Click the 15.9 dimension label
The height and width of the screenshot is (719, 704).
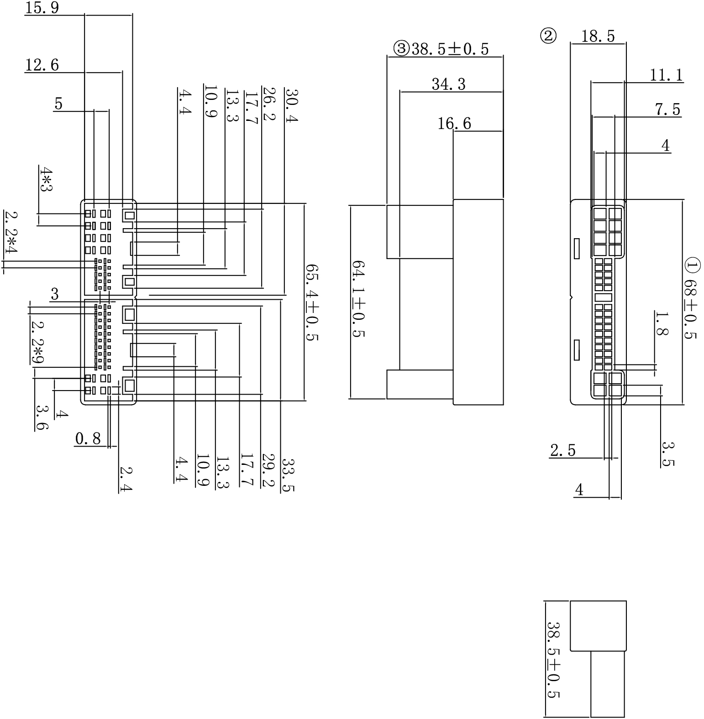pyautogui.click(x=42, y=8)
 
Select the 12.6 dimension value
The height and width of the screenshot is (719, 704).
pyautogui.click(x=42, y=65)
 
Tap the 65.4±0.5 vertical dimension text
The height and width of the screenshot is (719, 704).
pyautogui.click(x=311, y=302)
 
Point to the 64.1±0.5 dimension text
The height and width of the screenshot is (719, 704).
pyautogui.click(x=358, y=299)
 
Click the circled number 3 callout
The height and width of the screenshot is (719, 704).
pyautogui.click(x=401, y=48)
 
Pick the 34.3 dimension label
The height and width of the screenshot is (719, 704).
pyautogui.click(x=448, y=84)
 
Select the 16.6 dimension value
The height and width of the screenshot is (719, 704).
pyautogui.click(x=454, y=124)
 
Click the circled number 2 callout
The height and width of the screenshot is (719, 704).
pyautogui.click(x=548, y=36)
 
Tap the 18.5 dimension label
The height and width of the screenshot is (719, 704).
pyautogui.click(x=598, y=36)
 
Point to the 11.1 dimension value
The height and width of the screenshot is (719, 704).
pyautogui.click(x=666, y=75)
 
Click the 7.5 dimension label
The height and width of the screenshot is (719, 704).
pyautogui.click(x=667, y=110)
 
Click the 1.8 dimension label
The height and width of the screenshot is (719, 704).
pyautogui.click(x=662, y=323)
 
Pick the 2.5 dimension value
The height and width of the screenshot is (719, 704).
pyautogui.click(x=562, y=451)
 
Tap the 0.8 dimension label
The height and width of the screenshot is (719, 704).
pyautogui.click(x=88, y=439)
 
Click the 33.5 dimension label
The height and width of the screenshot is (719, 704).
pyautogui.click(x=288, y=475)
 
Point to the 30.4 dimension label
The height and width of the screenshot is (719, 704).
pyautogui.click(x=291, y=105)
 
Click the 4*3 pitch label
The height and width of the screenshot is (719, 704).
pyautogui.click(x=45, y=180)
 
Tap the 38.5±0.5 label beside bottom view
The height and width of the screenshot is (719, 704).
pyautogui.click(x=553, y=659)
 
